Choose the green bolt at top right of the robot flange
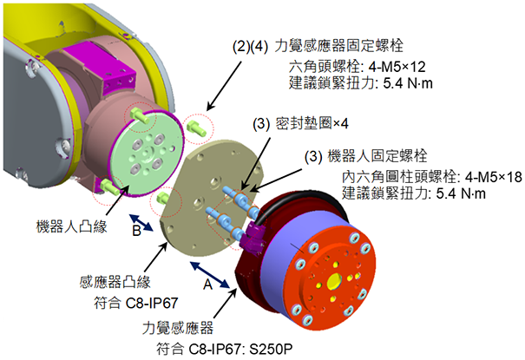[197, 127]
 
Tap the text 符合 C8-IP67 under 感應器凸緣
[128, 304]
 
